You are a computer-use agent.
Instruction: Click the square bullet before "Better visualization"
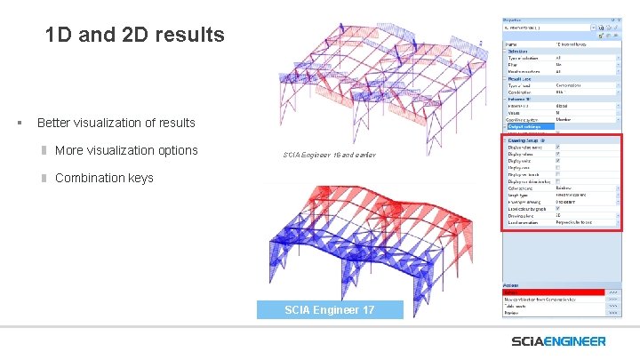[x=19, y=123]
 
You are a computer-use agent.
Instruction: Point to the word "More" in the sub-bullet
[x=69, y=150]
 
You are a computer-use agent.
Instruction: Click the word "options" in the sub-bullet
[x=172, y=150]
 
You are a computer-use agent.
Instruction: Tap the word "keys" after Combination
[x=140, y=178]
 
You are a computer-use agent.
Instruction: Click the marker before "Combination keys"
[x=43, y=178]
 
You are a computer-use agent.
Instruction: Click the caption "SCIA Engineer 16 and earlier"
[x=329, y=156]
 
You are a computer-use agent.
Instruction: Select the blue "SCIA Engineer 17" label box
[x=329, y=309]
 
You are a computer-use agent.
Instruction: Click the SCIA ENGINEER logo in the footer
[x=558, y=341]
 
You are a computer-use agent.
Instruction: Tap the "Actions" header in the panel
[x=511, y=285]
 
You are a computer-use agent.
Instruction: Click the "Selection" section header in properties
[x=517, y=51]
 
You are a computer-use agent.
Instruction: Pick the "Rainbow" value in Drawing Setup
[x=564, y=188]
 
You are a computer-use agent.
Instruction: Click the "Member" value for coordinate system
[x=564, y=119]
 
